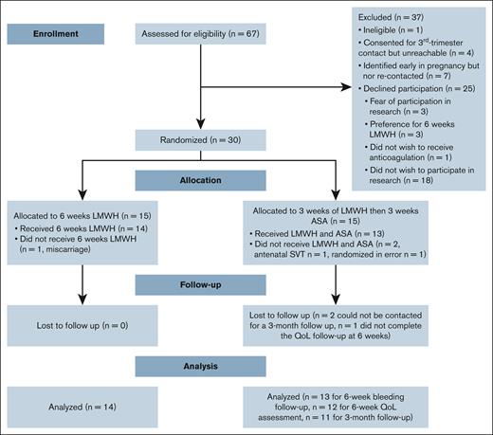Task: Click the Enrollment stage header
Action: pyautogui.click(x=54, y=32)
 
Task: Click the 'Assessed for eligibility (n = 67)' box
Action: pyautogui.click(x=198, y=32)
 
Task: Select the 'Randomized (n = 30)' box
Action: pyautogui.click(x=198, y=139)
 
